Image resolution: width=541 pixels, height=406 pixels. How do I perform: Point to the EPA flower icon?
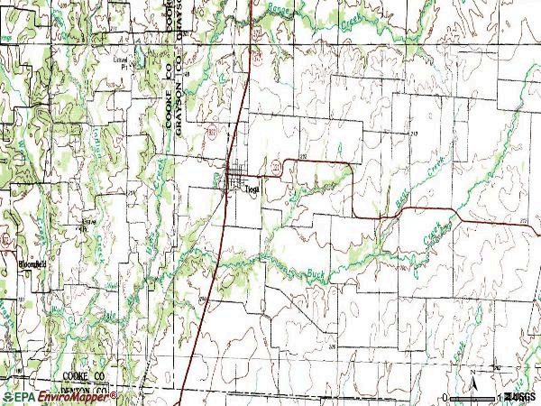pos(7,396)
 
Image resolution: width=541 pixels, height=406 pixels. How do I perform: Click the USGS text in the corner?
pos(520,397)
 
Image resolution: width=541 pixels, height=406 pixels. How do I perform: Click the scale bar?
pos(472,396)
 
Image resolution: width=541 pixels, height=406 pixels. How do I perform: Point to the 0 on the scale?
pos(445,397)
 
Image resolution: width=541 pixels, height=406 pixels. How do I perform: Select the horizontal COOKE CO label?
pos(85,373)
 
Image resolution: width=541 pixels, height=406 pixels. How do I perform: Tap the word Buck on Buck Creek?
pos(313,272)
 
